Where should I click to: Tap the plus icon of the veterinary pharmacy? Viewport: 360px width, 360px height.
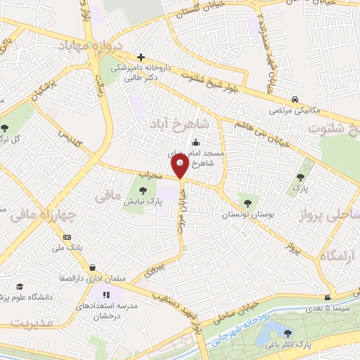click(141, 57)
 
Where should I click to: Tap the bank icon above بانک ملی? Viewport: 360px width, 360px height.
click(67, 237)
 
